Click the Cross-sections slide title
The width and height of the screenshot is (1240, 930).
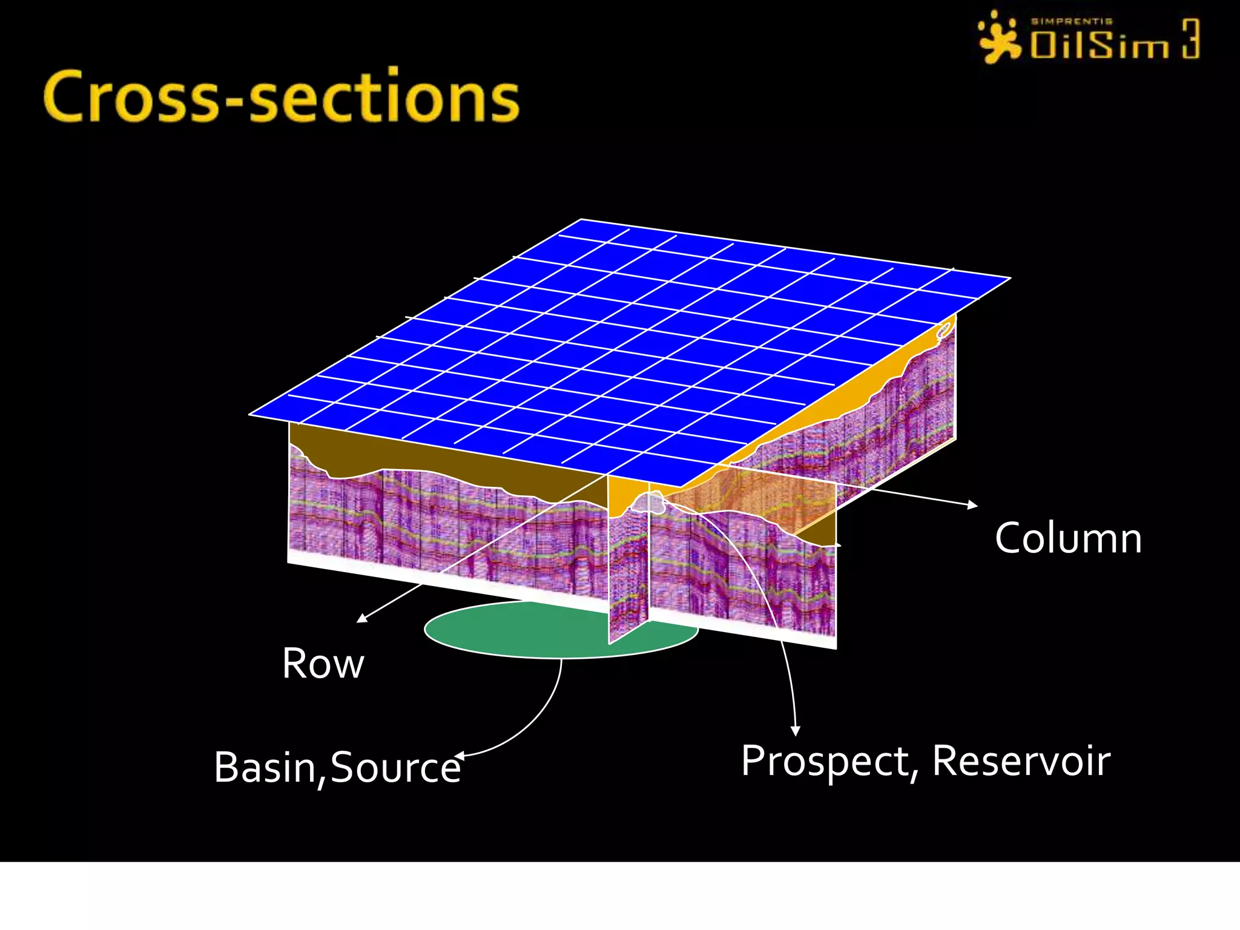282,97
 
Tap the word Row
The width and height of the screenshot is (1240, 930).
323,664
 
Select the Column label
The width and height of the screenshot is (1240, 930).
1069,538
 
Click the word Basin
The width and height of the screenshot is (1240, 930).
264,767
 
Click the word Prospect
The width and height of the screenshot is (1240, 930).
825,761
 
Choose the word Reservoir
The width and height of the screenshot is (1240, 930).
1021,761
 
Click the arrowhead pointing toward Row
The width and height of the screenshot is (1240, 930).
361,618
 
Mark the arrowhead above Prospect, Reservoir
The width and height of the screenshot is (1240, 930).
796,731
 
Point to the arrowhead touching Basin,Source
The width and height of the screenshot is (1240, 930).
460,756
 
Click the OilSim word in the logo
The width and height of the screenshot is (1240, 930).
1099,45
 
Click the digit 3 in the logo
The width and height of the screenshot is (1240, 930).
1190,39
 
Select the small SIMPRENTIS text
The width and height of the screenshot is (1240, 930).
1072,21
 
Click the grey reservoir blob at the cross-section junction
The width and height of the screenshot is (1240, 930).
651,503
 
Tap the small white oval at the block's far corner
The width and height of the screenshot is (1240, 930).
944,330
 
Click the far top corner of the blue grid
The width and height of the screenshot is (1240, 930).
581,220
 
